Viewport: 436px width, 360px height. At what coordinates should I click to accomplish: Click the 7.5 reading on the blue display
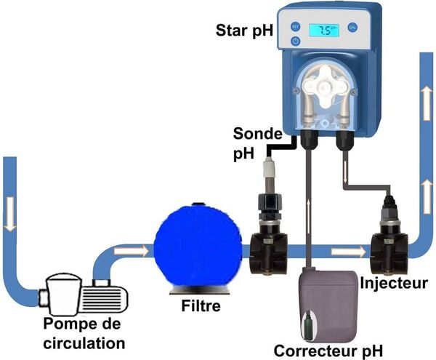326,31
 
